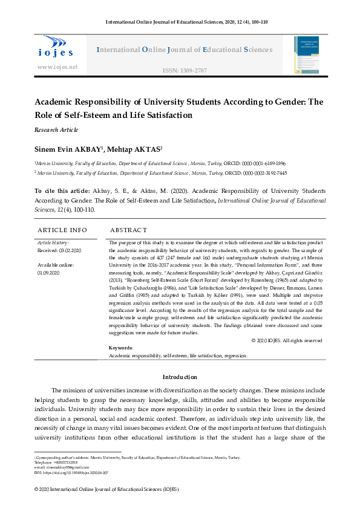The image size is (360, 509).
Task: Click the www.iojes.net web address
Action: (x=57, y=66)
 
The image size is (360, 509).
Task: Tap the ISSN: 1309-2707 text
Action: (x=185, y=71)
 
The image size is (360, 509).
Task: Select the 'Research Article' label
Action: (x=56, y=129)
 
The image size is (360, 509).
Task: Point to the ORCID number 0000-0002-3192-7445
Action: (x=267, y=172)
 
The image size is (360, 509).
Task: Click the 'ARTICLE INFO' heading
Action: (x=62, y=230)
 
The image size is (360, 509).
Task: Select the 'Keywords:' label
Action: (x=120, y=348)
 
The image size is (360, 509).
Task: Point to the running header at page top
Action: (x=180, y=22)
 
